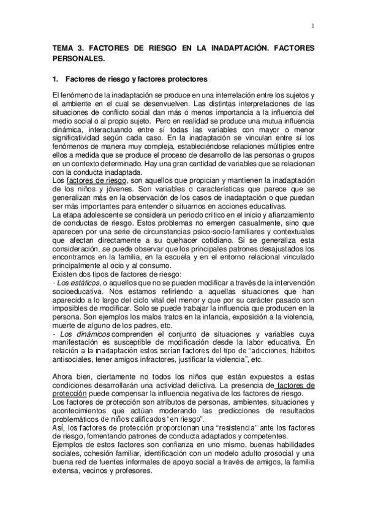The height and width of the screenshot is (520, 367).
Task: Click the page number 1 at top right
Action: click(312, 25)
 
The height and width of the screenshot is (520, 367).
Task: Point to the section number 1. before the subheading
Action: click(56, 79)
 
